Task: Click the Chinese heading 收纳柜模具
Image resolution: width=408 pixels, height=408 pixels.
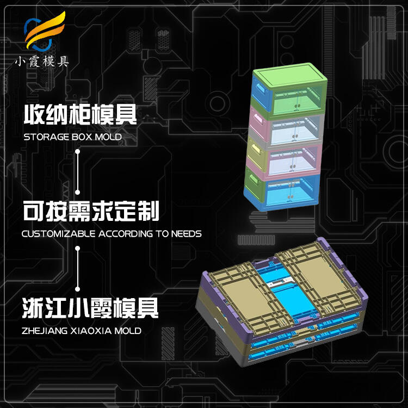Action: [x=80, y=115]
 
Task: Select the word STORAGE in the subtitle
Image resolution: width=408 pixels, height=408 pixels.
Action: [x=46, y=137]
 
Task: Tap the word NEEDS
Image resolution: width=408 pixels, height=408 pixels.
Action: [x=185, y=234]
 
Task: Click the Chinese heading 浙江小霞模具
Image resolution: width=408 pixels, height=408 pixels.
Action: [x=91, y=307]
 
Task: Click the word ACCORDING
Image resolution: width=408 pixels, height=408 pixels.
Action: [x=119, y=234]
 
